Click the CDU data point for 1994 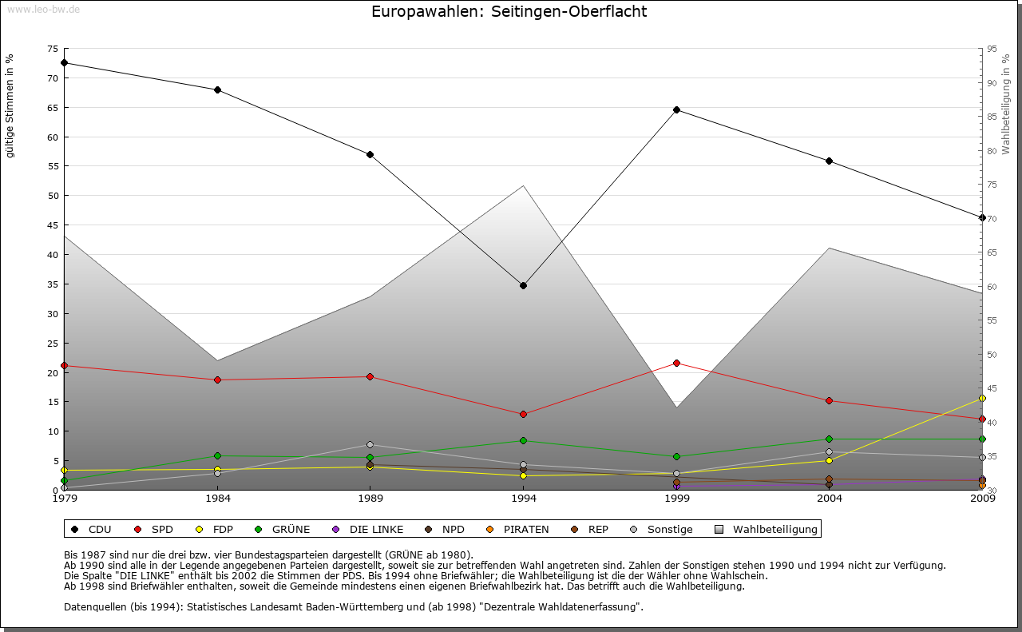click(523, 285)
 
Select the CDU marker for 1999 click(676, 109)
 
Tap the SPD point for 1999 click(676, 363)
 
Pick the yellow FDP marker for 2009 click(982, 398)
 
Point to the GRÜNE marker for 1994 click(523, 440)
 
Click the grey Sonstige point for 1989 click(370, 444)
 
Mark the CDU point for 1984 click(217, 89)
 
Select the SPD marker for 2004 click(830, 400)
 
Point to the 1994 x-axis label click(523, 499)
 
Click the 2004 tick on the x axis click(830, 499)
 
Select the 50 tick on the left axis click(53, 196)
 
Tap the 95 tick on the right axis click(992, 49)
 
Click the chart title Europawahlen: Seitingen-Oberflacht click(509, 12)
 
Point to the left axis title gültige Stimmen click(10, 106)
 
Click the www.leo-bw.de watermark click(42, 9)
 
